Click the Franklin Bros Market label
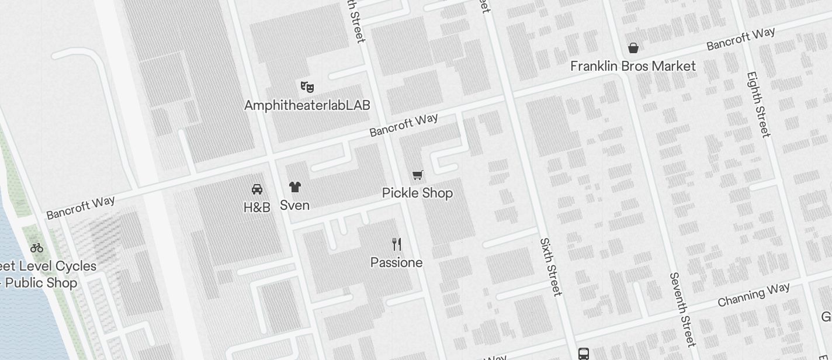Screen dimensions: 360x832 [633, 66]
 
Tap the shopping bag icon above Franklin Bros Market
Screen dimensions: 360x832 [633, 48]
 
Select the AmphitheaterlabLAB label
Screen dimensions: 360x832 [307, 105]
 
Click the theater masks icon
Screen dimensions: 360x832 [307, 87]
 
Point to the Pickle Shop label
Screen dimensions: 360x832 [417, 193]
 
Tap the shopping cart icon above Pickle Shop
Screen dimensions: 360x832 [417, 175]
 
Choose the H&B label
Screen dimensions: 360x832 [256, 207]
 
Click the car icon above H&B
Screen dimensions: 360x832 [256, 189]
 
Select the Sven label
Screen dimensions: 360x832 [294, 205]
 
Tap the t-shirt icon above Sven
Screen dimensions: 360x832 [294, 187]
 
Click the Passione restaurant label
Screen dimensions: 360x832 [396, 262]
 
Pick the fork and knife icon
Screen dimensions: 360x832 [396, 244]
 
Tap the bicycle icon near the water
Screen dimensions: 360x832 [37, 247]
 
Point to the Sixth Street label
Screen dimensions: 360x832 [550, 266]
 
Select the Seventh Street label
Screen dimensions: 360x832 [682, 309]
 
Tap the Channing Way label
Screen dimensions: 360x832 [754, 294]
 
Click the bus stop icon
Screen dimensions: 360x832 [583, 354]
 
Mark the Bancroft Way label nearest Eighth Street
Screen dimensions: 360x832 [740, 39]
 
